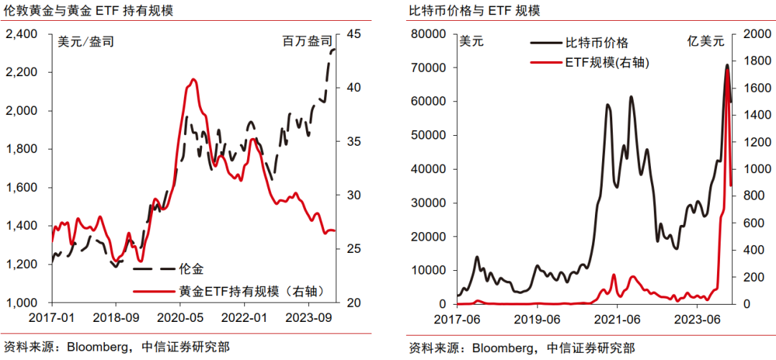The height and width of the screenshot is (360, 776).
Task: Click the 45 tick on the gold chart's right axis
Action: click(x=354, y=34)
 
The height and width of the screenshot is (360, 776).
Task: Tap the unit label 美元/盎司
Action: click(x=86, y=42)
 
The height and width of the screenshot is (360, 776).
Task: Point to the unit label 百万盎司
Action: click(x=307, y=42)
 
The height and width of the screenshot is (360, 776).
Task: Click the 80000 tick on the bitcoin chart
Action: click(x=429, y=34)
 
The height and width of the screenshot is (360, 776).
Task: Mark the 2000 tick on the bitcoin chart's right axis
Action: click(x=751, y=34)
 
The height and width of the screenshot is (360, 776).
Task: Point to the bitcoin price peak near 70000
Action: click(x=727, y=65)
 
